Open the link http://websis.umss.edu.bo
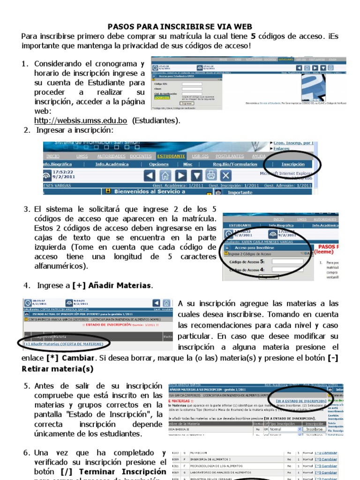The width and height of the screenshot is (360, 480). [81, 120]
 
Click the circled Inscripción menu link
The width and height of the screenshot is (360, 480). [292, 165]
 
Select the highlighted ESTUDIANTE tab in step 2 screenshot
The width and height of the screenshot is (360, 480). [171, 156]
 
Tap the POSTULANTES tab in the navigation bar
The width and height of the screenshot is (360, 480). [229, 156]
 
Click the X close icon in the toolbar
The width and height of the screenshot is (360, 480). [226, 176]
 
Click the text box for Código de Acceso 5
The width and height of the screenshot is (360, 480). [287, 262]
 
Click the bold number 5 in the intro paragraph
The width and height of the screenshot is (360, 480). [254, 36]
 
